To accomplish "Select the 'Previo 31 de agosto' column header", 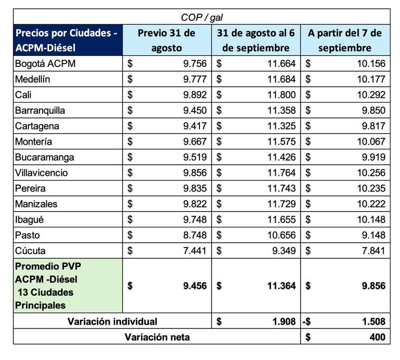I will point(166,40).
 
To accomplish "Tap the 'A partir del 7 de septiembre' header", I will point(345,40).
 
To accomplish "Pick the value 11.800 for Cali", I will point(281,95).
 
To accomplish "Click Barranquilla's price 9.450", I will point(195,111).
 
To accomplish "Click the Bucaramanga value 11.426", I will point(281,157).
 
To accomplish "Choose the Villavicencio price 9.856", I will point(195,173).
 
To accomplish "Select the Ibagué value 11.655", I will point(281,219).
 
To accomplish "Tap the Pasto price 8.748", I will point(195,235).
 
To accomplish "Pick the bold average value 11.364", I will point(281,286).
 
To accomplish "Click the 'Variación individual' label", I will point(113,321).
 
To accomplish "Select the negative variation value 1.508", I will point(373,321).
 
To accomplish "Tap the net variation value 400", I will point(377,337).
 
